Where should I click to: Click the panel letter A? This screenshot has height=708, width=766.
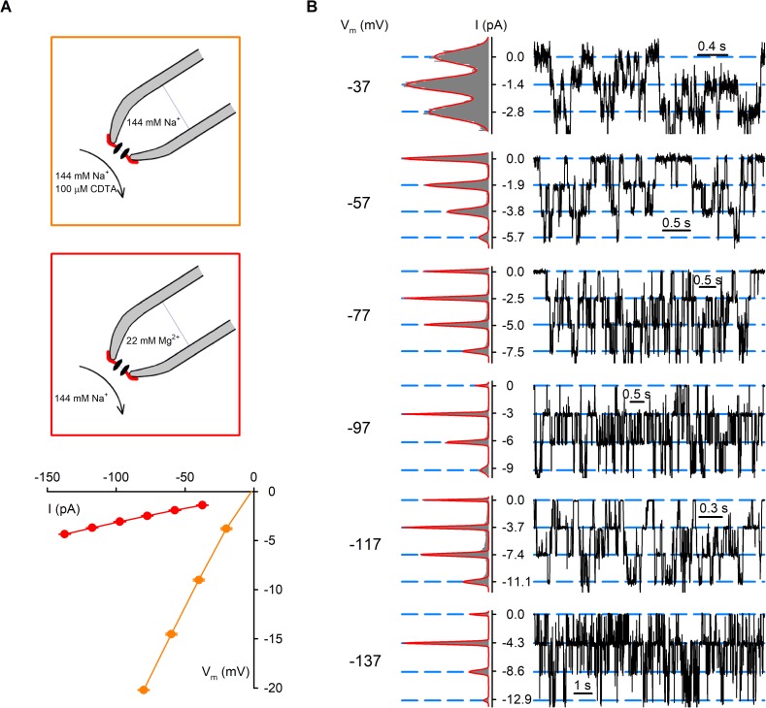pyautogui.click(x=8, y=9)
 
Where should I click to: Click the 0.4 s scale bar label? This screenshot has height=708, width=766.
pyautogui.click(x=713, y=45)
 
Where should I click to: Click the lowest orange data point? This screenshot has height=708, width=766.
pyautogui.click(x=144, y=690)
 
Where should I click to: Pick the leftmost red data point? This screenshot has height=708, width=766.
pyautogui.click(x=65, y=534)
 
